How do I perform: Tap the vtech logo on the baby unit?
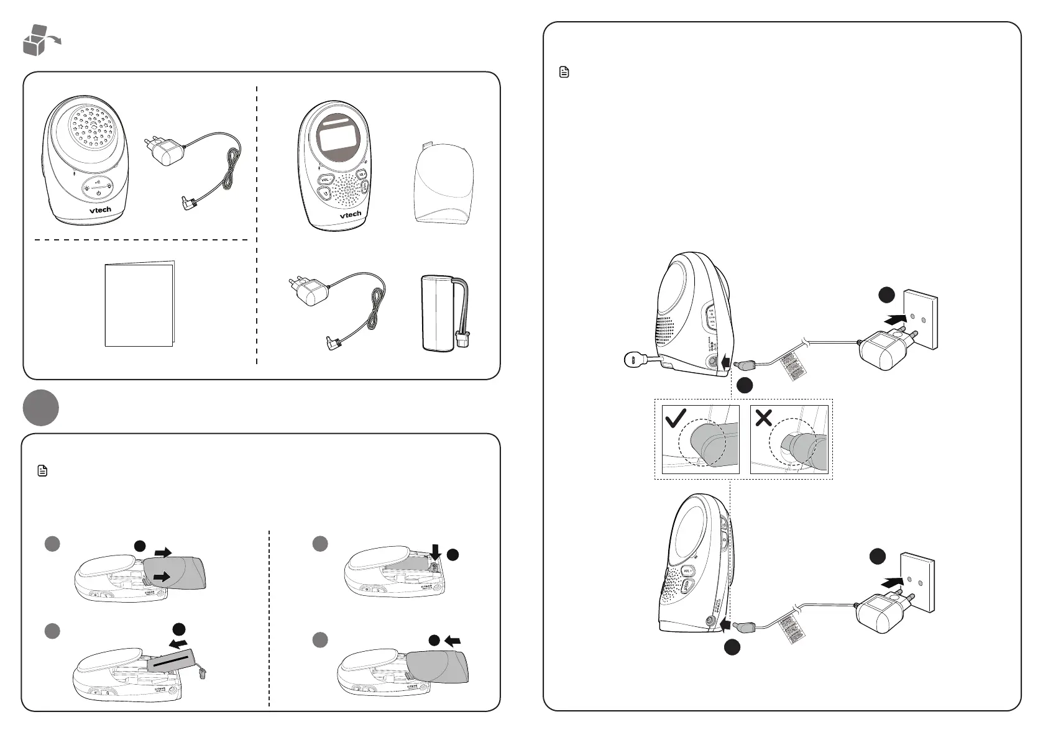tap(100, 210)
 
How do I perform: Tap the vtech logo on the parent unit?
tap(350, 214)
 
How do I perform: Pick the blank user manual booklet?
tap(139, 304)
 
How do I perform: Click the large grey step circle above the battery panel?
tap(40, 408)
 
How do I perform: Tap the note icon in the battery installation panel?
tap(42, 471)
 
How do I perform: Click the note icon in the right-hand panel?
tap(564, 73)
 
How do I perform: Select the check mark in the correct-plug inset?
tap(675, 419)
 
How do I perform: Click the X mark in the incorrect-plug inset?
tap(763, 418)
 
